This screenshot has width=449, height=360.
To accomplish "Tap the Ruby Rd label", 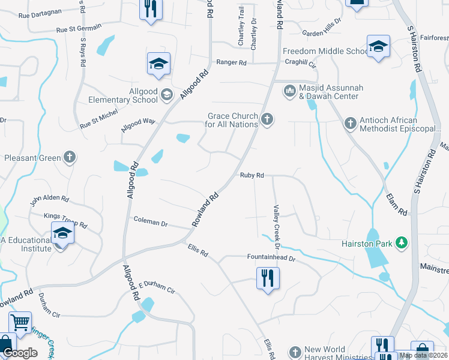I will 252,175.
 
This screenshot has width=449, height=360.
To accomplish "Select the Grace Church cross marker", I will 267,120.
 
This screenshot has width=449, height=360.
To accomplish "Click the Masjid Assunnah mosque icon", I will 289,91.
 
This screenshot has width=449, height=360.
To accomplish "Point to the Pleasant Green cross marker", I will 70,158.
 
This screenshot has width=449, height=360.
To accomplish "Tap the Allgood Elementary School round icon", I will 167,94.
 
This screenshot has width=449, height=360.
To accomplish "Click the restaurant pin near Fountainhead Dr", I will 268,278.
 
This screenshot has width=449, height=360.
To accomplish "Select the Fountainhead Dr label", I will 272,257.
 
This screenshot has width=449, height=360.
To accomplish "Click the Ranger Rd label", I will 232,62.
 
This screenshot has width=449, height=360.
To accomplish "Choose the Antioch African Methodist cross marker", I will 350,124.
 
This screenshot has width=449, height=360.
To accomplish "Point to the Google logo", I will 20,353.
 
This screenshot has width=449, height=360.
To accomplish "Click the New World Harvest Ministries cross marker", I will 295,352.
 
